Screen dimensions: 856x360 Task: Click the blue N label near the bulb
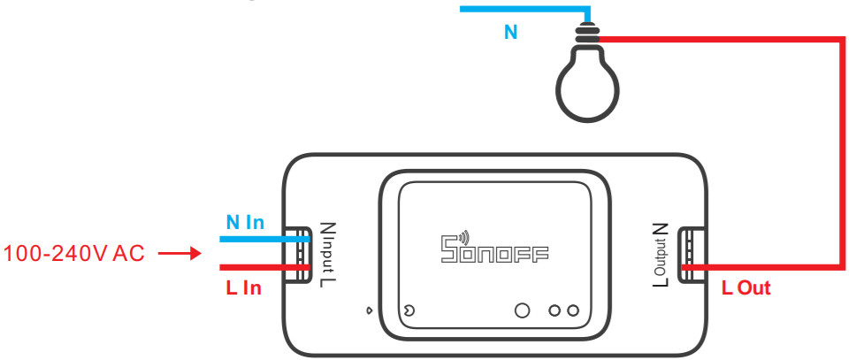pos(510,32)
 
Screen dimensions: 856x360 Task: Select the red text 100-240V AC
pos(74,254)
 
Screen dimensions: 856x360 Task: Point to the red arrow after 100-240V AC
pos(180,254)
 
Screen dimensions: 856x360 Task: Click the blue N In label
pos(245,222)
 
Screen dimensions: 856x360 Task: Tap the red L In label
pos(243,287)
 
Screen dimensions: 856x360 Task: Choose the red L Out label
pos(745,287)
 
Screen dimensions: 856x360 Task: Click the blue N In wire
pos(264,240)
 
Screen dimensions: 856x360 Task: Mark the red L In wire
pos(264,268)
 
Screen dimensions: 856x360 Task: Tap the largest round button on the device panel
pos(523,310)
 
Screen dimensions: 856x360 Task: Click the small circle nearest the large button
pos(554,310)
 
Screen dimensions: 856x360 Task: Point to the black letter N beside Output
pos(661,229)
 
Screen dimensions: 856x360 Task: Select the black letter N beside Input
pos(326,229)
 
